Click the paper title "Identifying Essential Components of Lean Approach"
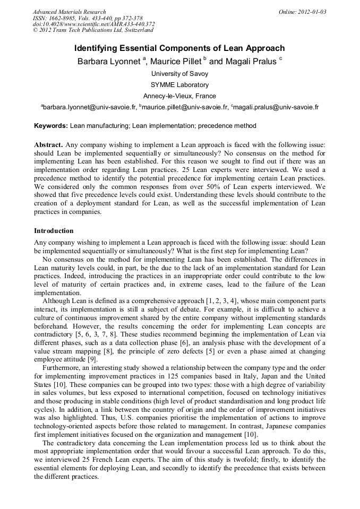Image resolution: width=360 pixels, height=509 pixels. pyautogui.click(x=179, y=48)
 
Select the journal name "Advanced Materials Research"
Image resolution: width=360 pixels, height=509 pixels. pyautogui.click(x=69, y=12)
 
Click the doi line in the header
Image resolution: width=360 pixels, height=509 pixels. pyautogui.click(x=93, y=24)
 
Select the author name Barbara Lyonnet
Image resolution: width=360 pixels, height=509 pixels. pyautogui.click(x=108, y=62)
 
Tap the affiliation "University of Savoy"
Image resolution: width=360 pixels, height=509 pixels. pyautogui.click(x=179, y=74)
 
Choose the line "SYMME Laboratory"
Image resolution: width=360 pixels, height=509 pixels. pyautogui.click(x=179, y=85)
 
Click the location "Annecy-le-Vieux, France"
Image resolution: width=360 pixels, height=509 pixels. pyautogui.click(x=179, y=96)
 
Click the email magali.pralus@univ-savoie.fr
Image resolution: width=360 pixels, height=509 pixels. pyautogui.click(x=276, y=107)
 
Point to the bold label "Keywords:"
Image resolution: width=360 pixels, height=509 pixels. pyautogui.click(x=51, y=126)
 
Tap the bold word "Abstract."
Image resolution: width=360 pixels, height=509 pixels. pyautogui.click(x=49, y=145)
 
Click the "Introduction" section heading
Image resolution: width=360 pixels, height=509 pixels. pyautogui.click(x=54, y=231)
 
